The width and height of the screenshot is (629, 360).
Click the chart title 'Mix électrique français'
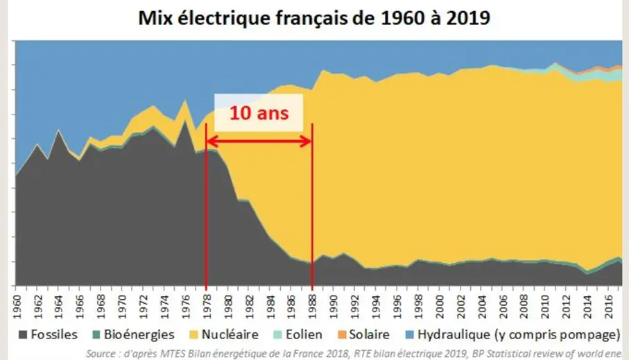click(x=314, y=19)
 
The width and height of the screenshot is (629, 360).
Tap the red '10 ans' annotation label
click(x=258, y=113)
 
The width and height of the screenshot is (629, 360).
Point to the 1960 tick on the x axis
click(x=17, y=304)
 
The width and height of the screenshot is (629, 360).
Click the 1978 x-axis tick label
click(x=207, y=304)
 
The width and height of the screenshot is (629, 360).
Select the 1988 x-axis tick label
click(x=312, y=304)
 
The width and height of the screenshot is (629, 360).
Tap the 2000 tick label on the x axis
click(x=439, y=304)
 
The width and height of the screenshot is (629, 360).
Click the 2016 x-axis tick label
click(x=608, y=304)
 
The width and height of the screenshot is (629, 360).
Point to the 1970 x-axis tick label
click(x=122, y=304)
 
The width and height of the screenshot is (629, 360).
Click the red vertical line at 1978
click(x=207, y=208)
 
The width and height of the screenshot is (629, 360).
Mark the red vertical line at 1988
click(x=312, y=208)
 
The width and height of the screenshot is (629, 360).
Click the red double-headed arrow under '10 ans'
click(x=259, y=142)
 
